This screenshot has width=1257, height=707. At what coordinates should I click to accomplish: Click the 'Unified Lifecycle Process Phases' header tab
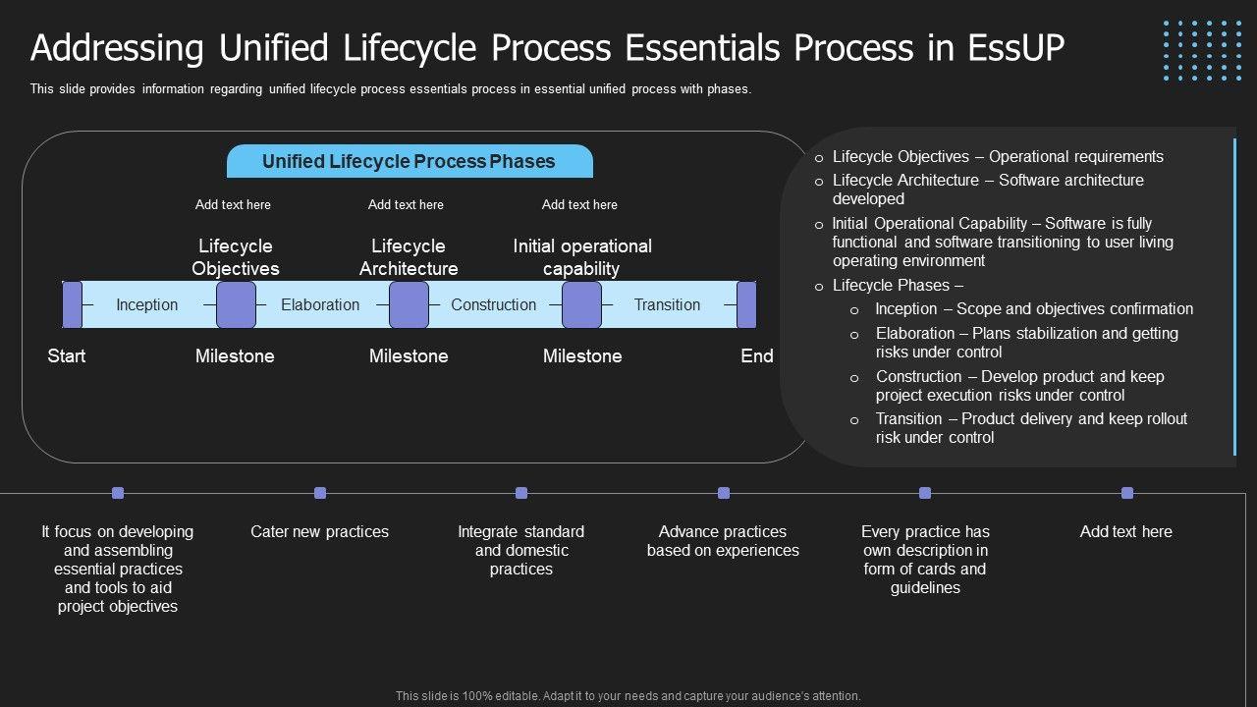[410, 162]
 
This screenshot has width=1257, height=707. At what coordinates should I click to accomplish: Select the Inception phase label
[147, 304]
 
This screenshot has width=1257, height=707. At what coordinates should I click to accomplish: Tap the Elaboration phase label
[320, 304]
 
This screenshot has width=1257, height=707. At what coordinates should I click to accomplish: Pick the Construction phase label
[493, 304]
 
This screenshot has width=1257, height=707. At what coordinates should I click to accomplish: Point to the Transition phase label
[667, 304]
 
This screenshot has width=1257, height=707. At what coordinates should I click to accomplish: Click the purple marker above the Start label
[72, 304]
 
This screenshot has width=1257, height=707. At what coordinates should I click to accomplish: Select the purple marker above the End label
[746, 304]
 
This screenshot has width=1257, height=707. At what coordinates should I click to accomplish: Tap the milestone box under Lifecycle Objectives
[236, 304]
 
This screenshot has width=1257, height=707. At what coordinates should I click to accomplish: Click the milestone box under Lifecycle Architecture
[409, 304]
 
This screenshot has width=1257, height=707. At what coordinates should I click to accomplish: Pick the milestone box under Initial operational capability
[581, 304]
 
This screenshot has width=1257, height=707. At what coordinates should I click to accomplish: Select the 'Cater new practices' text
[319, 531]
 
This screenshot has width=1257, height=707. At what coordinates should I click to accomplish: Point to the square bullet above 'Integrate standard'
[521, 493]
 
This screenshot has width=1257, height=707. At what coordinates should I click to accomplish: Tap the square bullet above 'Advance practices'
[724, 493]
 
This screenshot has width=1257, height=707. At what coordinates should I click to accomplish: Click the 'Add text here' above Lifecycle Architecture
[406, 204]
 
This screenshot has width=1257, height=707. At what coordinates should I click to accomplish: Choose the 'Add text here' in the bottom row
[1125, 531]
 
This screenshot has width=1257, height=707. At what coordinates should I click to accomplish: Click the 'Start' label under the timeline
[67, 355]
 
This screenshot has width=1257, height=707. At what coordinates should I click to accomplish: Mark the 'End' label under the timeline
[756, 355]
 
